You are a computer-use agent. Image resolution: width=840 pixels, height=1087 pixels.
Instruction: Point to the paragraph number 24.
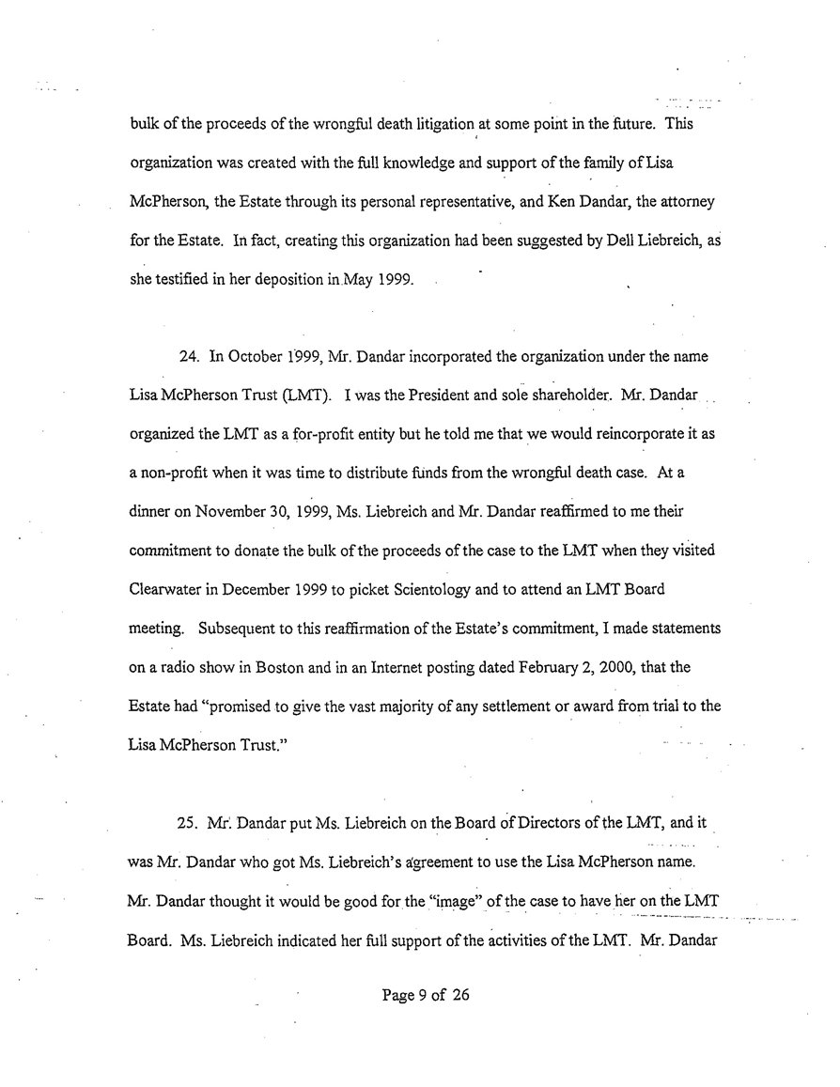[187, 356]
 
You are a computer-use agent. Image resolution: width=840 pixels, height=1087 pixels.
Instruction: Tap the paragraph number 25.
[187, 822]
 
